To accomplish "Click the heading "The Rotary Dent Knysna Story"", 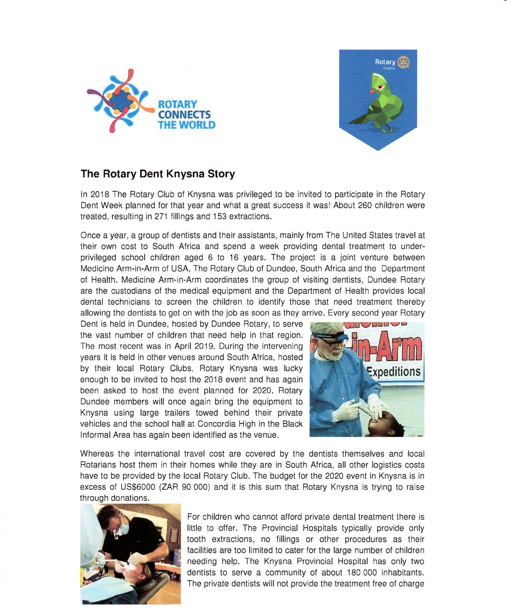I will coord(158,174).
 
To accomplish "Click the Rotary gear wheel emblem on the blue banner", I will coord(404,62).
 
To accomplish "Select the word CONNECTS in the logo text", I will coord(184,115).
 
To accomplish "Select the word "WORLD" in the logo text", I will coord(197,125).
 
